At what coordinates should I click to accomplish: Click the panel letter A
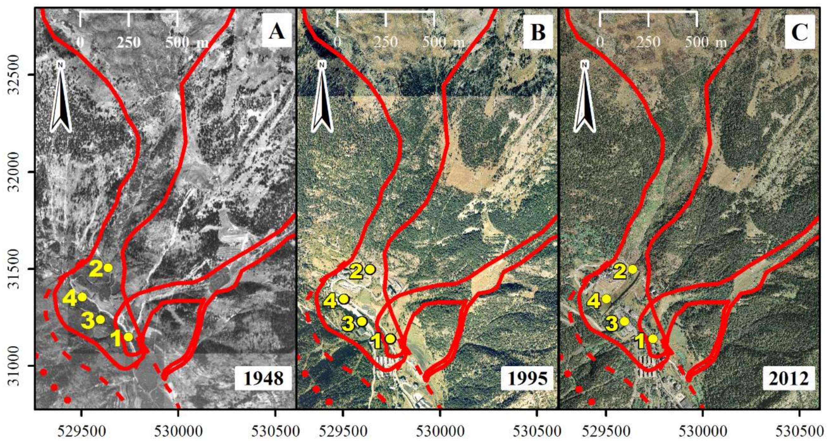[x=277, y=32]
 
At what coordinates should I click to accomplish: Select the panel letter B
[x=538, y=32]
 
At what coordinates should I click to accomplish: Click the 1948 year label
[x=263, y=378]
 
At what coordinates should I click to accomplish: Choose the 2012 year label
[x=789, y=378]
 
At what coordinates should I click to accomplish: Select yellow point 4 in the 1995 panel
[x=344, y=299]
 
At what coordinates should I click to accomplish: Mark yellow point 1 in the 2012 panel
[x=653, y=339]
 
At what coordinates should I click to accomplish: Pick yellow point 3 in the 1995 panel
[x=362, y=321]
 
